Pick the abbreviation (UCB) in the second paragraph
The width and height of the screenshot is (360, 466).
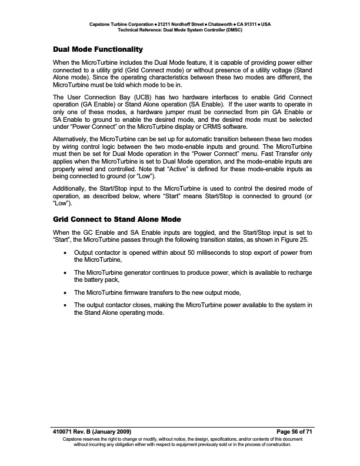point(139,96)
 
